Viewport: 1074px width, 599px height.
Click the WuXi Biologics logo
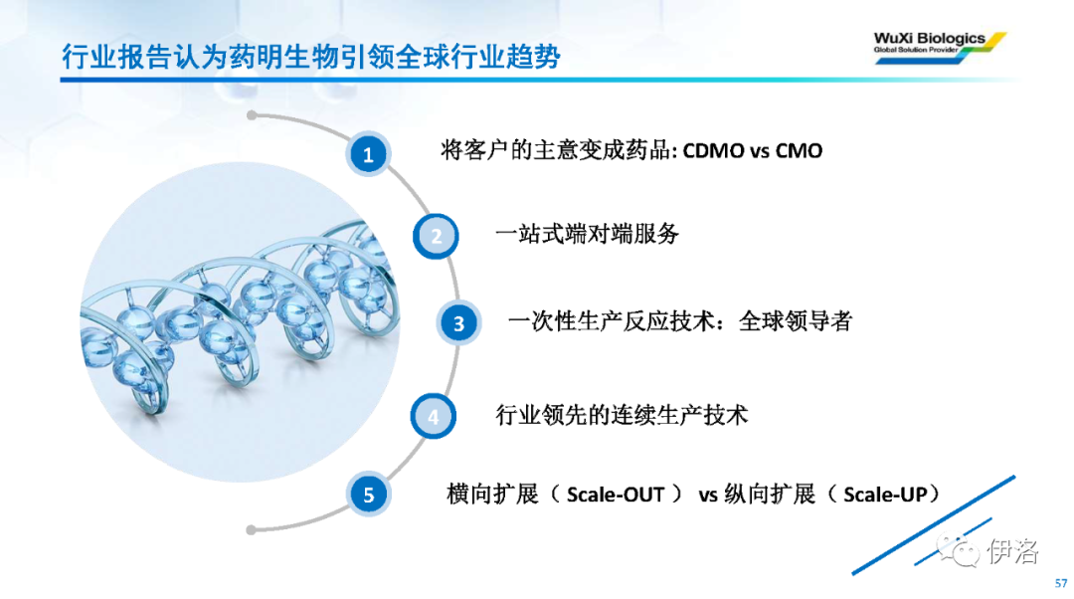[940, 48]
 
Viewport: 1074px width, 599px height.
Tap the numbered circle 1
[369, 154]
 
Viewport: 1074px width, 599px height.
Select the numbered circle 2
[436, 236]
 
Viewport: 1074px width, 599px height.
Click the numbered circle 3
[458, 322]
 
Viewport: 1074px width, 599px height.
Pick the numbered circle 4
[434, 416]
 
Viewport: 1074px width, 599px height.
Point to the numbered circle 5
[369, 495]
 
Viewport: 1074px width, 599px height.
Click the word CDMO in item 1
[713, 151]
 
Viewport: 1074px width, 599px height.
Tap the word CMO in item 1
[799, 151]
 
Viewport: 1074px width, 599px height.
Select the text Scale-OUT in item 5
[616, 495]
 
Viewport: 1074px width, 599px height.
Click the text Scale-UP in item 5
[885, 495]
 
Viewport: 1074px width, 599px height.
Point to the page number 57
[1061, 583]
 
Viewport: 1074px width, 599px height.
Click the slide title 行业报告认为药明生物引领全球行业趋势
[311, 56]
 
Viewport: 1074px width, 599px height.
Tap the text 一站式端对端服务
[587, 234]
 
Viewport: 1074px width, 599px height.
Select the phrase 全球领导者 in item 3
[796, 320]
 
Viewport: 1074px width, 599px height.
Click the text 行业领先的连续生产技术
[622, 415]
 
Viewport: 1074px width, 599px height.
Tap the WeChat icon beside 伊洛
[959, 549]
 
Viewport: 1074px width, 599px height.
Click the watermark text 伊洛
[1012, 551]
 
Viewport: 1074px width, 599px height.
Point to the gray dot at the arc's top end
[252, 115]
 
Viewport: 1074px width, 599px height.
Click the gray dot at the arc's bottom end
[252, 529]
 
